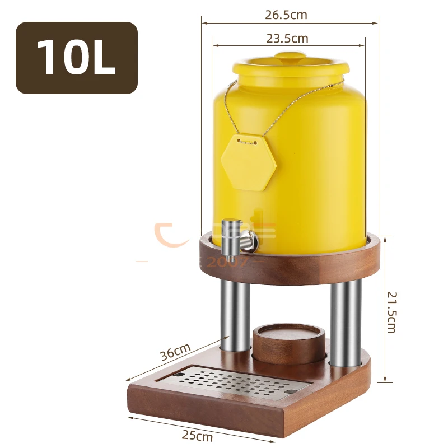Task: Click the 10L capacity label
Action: pos(76,58)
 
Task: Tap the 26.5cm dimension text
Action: pos(286,15)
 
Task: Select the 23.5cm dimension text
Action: pos(287,38)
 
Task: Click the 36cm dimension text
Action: pos(175,352)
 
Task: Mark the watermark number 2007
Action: pos(227,262)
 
